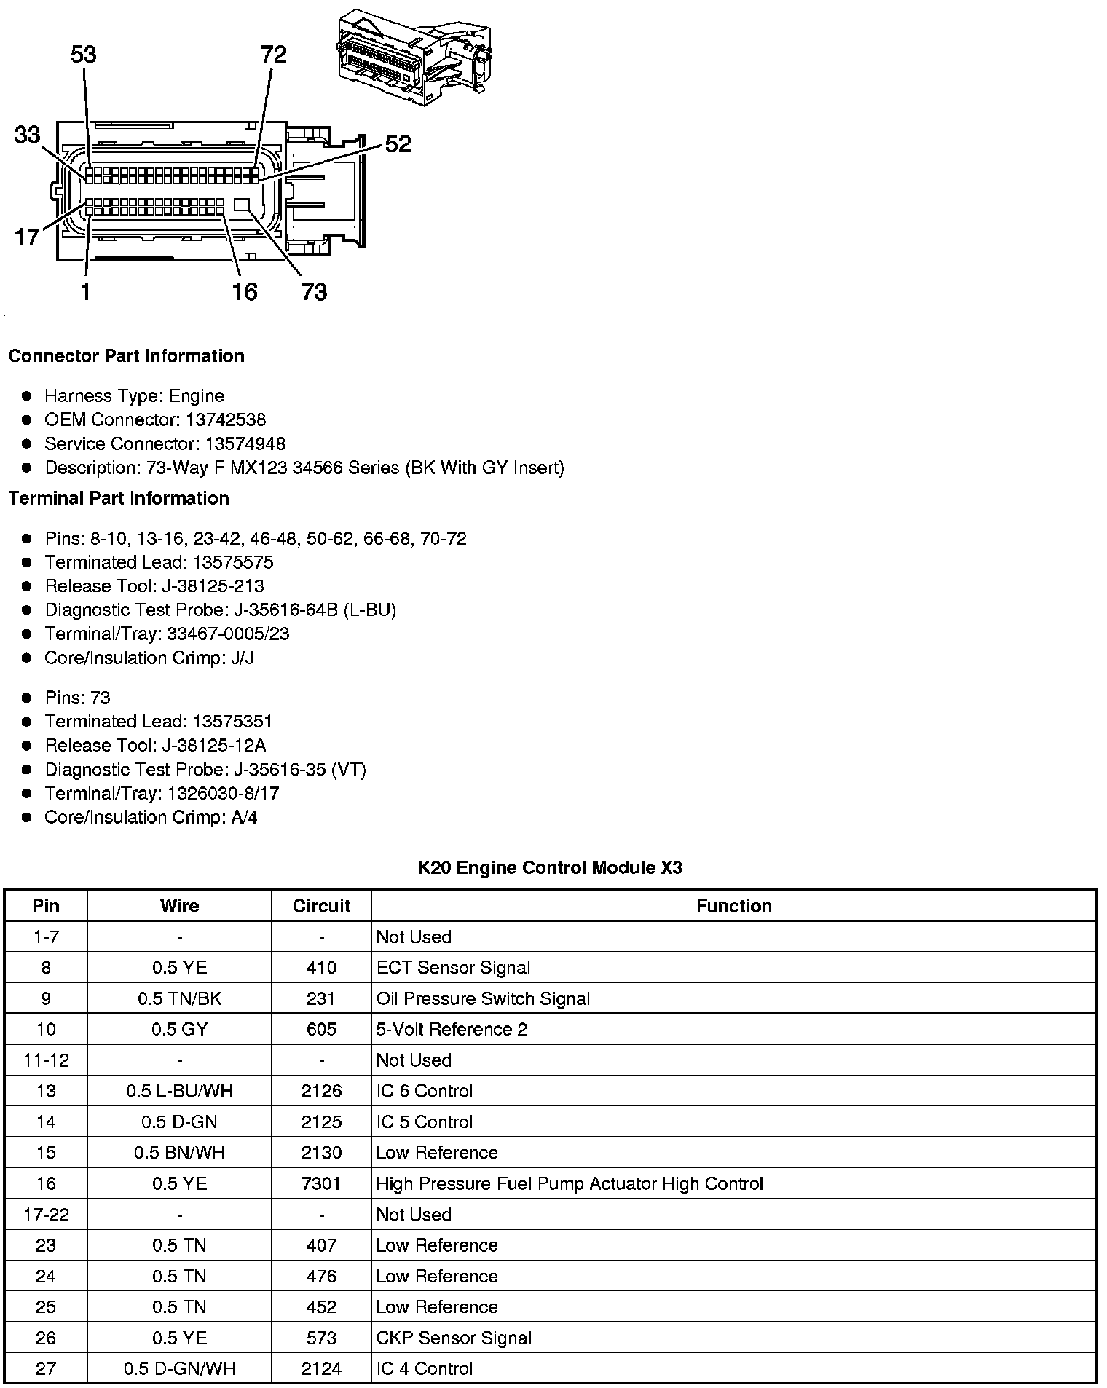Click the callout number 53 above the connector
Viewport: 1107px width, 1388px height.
point(84,55)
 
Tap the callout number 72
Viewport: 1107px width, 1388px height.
point(274,55)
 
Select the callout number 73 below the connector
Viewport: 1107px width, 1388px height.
point(314,292)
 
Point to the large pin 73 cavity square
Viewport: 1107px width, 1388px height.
point(243,204)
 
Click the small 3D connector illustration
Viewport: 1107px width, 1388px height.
point(413,57)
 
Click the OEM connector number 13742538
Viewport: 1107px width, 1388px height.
point(225,419)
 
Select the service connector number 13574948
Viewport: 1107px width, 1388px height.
point(245,443)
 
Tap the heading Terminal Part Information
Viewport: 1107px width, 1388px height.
point(119,498)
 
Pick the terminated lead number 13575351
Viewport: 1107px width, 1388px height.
point(232,722)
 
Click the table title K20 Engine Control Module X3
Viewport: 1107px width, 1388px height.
point(551,867)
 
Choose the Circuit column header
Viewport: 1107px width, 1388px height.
point(321,906)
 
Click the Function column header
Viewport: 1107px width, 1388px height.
point(733,906)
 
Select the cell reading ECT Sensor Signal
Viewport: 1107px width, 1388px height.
point(453,968)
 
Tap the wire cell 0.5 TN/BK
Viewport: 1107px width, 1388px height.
point(179,998)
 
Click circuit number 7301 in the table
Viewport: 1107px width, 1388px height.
point(321,1183)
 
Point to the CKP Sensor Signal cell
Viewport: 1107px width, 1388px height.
point(454,1338)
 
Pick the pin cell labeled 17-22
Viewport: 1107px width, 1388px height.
point(46,1215)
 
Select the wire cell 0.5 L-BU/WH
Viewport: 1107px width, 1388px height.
point(179,1091)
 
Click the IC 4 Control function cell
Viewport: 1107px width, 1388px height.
point(425,1369)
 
